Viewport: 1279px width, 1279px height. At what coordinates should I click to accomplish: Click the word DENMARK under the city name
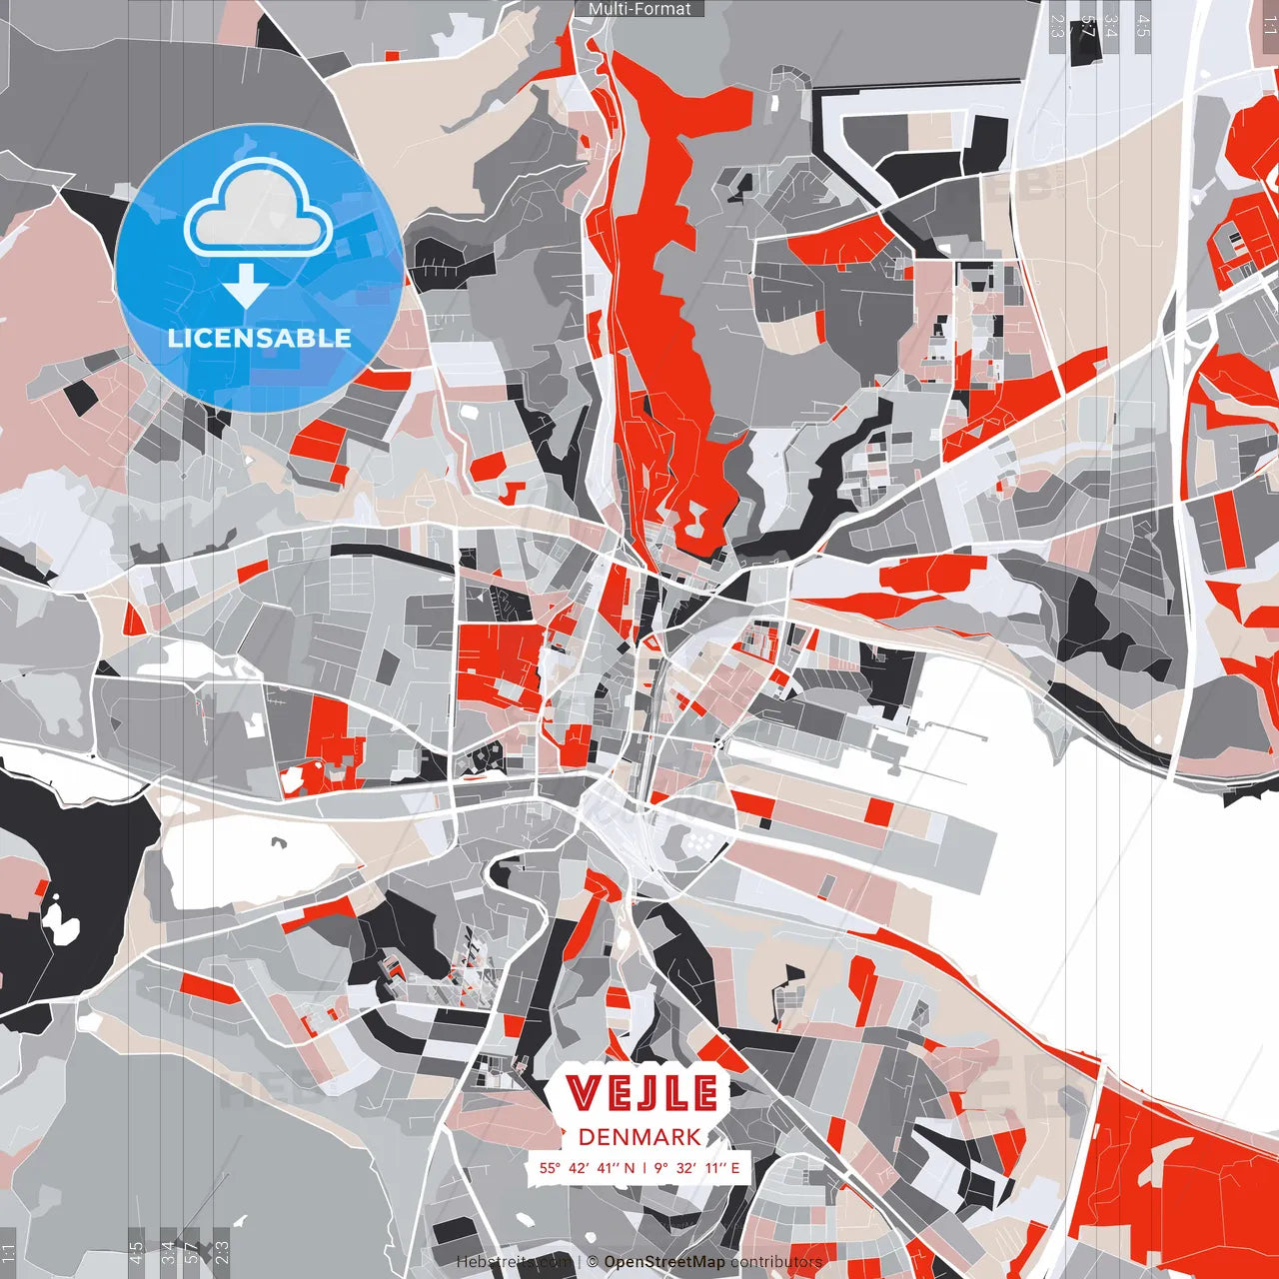639,1137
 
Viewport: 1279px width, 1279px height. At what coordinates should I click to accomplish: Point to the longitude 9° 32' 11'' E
697,1167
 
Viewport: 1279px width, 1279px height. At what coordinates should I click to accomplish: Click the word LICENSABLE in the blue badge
260,338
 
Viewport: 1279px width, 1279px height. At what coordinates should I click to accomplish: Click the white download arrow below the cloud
246,286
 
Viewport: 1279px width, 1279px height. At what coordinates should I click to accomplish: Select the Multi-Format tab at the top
639,9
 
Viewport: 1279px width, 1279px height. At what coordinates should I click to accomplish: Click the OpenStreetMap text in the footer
664,1262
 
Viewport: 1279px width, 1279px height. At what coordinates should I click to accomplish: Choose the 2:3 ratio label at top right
1057,26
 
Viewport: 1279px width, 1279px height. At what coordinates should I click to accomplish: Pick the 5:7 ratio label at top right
1088,26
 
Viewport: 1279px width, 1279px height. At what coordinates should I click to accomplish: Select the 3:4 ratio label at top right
1111,26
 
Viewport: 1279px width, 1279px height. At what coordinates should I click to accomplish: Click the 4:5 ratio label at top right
1143,26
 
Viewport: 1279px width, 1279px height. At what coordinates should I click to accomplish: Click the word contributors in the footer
776,1262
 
